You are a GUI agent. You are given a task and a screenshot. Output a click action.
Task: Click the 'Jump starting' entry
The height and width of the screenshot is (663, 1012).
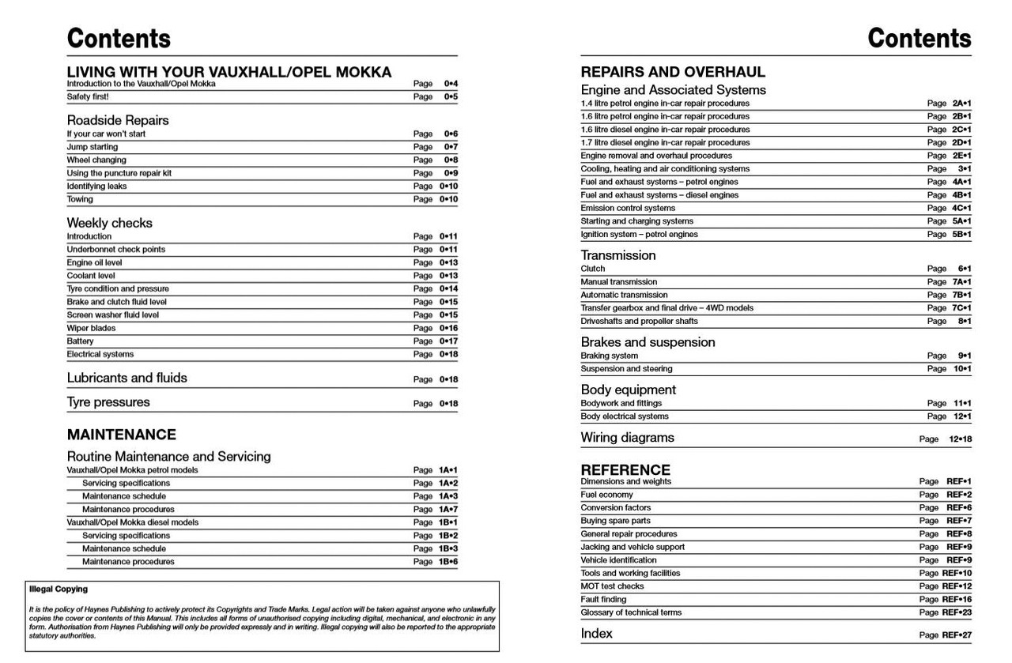(92, 147)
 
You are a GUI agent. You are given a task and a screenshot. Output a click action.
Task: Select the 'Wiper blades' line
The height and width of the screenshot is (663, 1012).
(91, 328)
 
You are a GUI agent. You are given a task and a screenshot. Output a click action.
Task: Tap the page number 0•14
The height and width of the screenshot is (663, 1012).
(448, 289)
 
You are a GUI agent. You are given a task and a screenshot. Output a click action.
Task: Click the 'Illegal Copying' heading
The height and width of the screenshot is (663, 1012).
(58, 590)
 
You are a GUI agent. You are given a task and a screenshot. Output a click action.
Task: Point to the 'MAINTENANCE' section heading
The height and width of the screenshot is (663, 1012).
(121, 435)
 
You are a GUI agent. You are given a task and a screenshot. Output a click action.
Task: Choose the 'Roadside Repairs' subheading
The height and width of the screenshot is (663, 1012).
(117, 120)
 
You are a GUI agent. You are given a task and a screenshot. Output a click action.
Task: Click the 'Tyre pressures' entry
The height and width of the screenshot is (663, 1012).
(108, 402)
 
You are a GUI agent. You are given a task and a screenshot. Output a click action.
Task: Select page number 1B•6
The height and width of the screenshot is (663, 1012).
(448, 562)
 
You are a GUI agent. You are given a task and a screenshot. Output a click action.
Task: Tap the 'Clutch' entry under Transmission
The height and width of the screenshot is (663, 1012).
(593, 269)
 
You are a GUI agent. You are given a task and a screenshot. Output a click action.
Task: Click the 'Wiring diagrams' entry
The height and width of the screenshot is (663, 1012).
(627, 438)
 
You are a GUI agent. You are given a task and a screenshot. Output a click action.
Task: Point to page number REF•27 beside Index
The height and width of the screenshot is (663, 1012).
(957, 635)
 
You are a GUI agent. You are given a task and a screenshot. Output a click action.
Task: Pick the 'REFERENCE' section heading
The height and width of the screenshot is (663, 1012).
(625, 469)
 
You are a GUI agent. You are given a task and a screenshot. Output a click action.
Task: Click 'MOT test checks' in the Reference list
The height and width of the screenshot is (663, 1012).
(612, 586)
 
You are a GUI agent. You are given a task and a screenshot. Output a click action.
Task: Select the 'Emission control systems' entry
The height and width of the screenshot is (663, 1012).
(628, 208)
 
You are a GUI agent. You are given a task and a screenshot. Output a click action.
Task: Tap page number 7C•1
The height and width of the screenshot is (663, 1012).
(961, 308)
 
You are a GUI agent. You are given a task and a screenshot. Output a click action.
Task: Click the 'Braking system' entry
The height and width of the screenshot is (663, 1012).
(609, 356)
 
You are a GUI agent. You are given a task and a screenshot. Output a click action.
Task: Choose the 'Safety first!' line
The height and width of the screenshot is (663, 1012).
(88, 96)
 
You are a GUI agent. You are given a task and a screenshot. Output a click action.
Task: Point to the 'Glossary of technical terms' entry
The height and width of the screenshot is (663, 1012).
(631, 612)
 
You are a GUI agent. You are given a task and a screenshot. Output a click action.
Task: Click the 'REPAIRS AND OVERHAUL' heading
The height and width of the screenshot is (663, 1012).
(673, 72)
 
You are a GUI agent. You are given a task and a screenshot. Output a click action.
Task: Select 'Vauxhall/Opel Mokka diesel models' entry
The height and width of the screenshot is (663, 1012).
(133, 522)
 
